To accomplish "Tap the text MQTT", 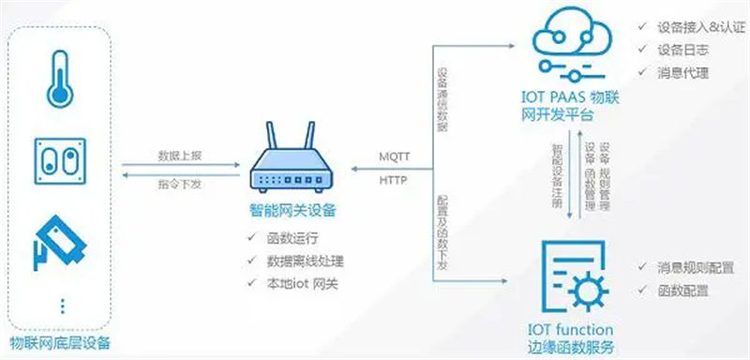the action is click(x=394, y=155).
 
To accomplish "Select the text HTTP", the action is click(x=393, y=180).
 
